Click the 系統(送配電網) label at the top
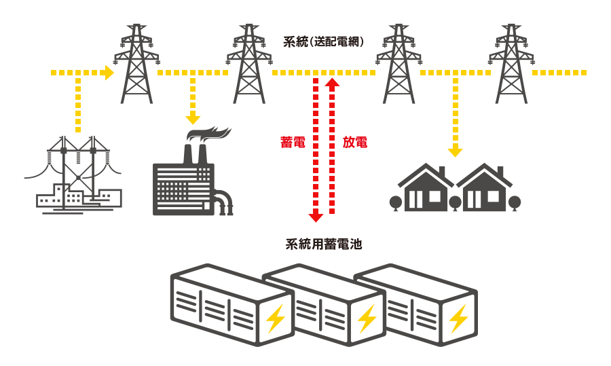(323, 41)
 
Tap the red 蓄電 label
(293, 143)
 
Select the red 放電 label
(355, 143)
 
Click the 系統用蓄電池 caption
(324, 244)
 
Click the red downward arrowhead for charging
(316, 217)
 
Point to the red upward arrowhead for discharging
(332, 83)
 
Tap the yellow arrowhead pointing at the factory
(193, 120)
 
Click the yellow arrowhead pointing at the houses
(455, 151)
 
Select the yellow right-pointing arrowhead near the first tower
(109, 73)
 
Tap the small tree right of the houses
(514, 202)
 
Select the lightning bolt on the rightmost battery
(459, 318)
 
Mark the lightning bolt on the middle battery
(367, 318)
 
